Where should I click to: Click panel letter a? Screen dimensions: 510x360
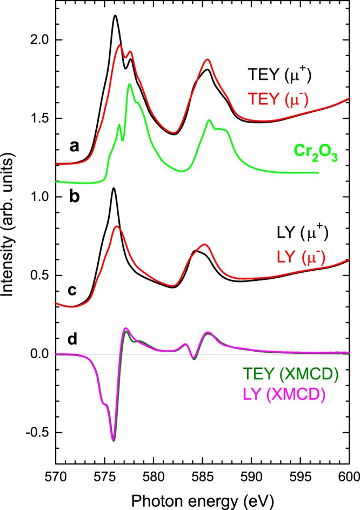(x=82, y=159)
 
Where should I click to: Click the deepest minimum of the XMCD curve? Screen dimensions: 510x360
(x=114, y=440)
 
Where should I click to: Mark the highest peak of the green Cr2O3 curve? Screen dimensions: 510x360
(x=129, y=84)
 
